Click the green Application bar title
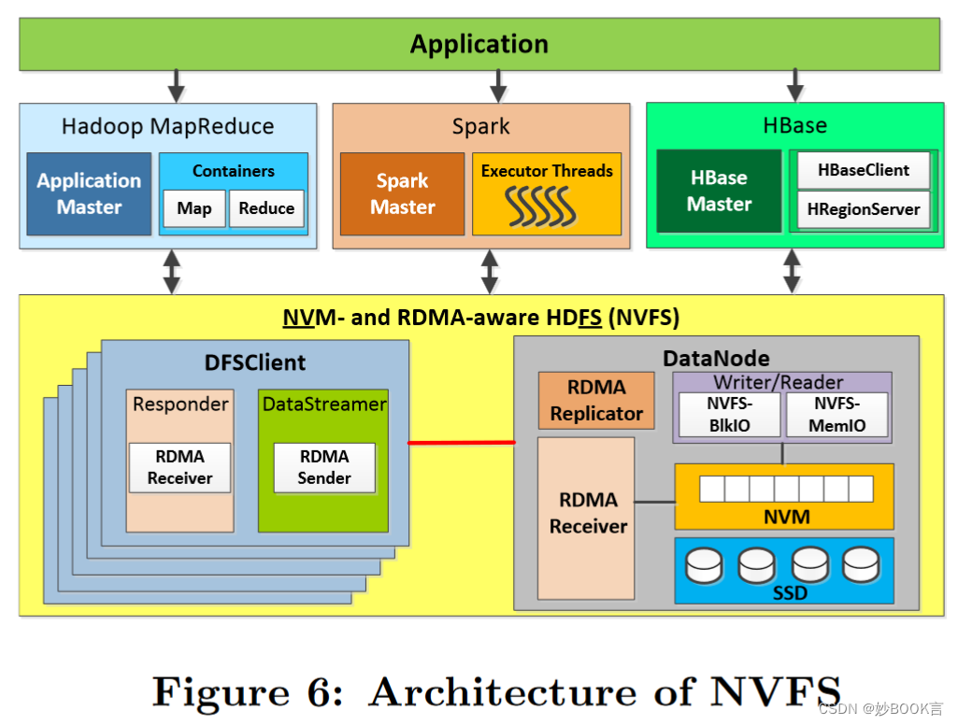(479, 44)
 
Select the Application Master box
(89, 193)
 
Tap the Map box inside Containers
(193, 208)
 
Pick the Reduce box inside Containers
(266, 208)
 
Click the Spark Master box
(402, 193)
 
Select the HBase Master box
(719, 191)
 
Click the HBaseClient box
(863, 170)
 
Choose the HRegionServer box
(863, 209)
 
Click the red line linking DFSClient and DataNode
(462, 442)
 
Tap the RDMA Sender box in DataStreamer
(324, 467)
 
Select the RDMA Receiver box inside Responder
(179, 467)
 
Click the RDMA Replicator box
(596, 400)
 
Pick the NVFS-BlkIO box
(728, 414)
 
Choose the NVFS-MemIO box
(836, 414)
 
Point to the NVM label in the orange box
(786, 517)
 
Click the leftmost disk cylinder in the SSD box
(704, 563)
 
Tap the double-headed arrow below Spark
(490, 271)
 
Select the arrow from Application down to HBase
(794, 85)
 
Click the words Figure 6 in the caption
(254, 692)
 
